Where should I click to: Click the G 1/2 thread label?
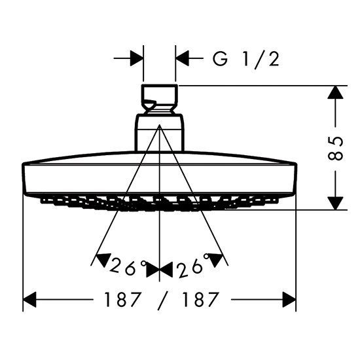click(245, 59)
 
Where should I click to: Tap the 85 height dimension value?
click(335, 149)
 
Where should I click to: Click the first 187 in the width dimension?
click(122, 299)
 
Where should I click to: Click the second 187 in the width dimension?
click(200, 299)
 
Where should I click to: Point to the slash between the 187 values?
click(162, 301)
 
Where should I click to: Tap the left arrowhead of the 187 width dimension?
click(29, 299)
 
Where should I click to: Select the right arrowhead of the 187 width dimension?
click(289, 299)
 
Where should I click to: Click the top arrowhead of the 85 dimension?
click(335, 92)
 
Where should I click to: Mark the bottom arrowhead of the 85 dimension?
click(335, 203)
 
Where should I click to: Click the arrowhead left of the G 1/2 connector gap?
click(137, 58)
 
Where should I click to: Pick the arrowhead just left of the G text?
click(182, 58)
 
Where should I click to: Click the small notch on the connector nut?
click(149, 105)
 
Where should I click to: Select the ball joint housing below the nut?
click(159, 133)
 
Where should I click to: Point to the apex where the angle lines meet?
click(159, 125)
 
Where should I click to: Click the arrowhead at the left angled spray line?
click(103, 259)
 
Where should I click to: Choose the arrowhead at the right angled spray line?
click(215, 260)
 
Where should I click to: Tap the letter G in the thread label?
click(220, 59)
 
